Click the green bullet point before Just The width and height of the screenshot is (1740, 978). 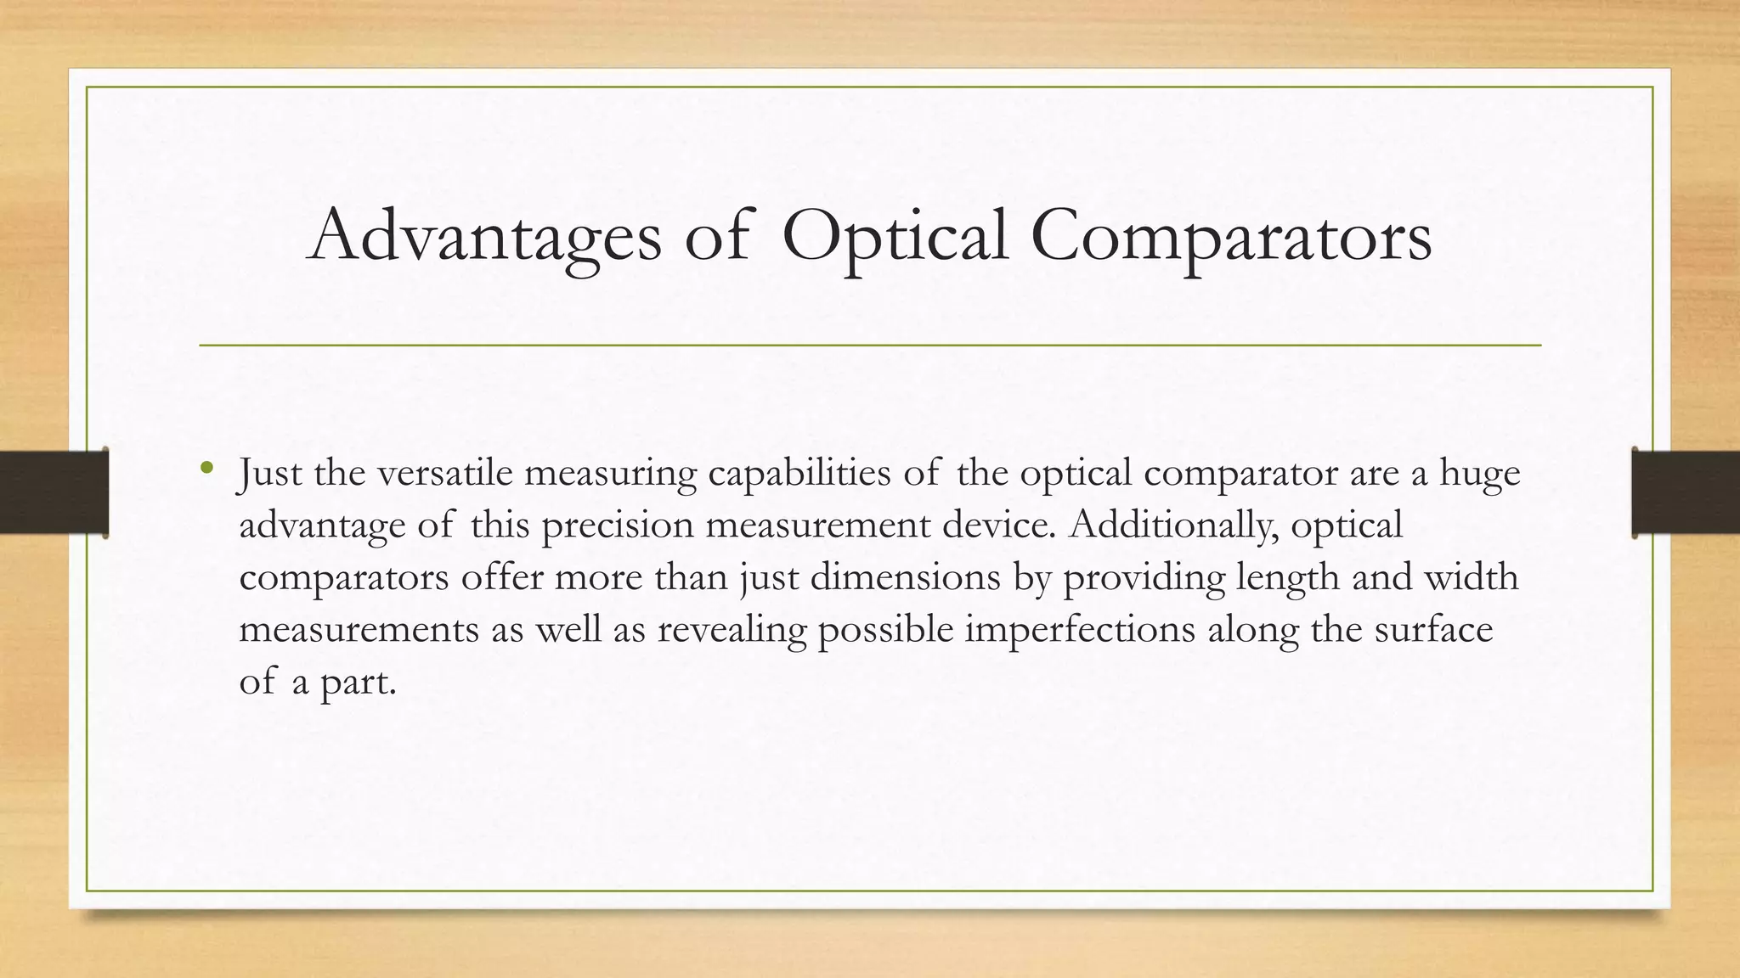[206, 468]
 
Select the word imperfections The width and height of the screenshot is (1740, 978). [1080, 631]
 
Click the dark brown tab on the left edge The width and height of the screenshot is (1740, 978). [54, 492]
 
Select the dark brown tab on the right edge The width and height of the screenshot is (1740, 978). [1686, 492]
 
